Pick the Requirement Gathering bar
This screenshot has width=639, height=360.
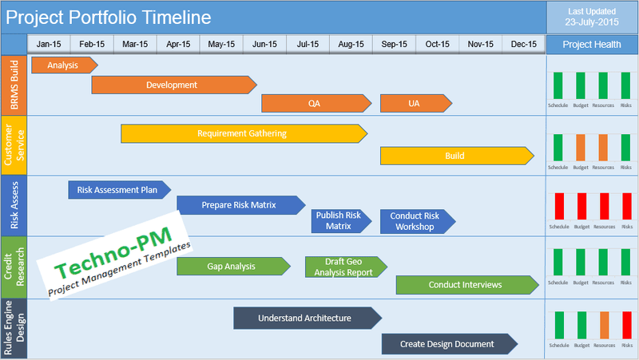pyautogui.click(x=243, y=133)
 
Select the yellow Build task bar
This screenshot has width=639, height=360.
pyautogui.click(x=456, y=156)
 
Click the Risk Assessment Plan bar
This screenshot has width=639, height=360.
pyautogui.click(x=118, y=190)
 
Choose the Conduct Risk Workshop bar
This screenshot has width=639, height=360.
pyautogui.click(x=417, y=221)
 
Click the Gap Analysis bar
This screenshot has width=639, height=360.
pyautogui.click(x=232, y=266)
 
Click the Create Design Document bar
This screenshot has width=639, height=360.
pyautogui.click(x=448, y=344)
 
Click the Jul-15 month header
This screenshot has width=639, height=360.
pyautogui.click(x=308, y=44)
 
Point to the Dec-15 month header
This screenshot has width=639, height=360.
pyautogui.click(x=524, y=44)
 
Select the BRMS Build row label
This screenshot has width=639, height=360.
pyautogui.click(x=14, y=85)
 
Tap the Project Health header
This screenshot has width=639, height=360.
pyautogui.click(x=591, y=45)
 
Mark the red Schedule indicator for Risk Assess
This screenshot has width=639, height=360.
pyautogui.click(x=558, y=207)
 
